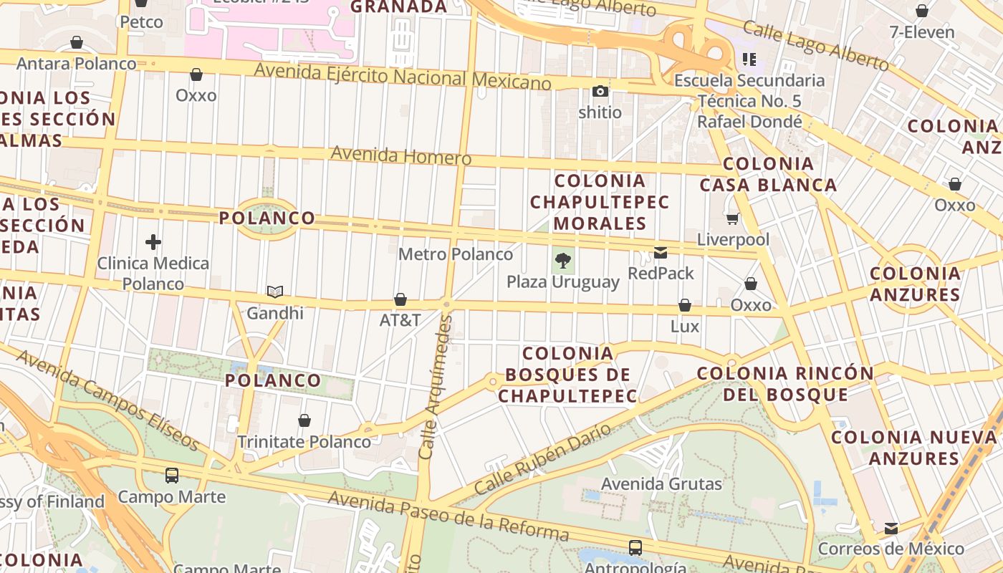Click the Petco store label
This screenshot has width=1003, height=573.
pos(141,22)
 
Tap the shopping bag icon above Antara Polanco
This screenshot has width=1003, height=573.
pos(76,43)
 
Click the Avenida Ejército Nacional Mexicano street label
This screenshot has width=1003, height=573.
pos(403,77)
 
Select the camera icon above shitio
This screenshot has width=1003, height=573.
pos(600,91)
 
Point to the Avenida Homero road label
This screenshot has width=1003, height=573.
pos(401,155)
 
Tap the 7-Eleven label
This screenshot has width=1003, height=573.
pos(921,32)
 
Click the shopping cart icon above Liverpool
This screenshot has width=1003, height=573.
pos(732,218)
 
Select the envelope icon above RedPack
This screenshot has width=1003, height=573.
pos(661,253)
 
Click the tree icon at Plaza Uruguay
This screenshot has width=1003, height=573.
pos(563,261)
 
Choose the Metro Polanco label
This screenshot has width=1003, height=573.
pos(456,254)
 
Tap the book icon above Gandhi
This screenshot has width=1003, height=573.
pos(275,292)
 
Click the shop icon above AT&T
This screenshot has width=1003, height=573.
pos(400,299)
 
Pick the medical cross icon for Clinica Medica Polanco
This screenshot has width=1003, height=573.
pos(153,242)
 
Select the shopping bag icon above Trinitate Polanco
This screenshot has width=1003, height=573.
pos(304,420)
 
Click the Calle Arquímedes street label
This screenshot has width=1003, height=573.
pos(436,387)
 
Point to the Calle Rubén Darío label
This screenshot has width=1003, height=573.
pos(543,459)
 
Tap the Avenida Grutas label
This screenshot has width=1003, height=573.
pos(661,484)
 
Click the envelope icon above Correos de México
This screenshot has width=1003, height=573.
pos(891,529)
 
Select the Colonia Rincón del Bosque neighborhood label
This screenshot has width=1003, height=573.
pos(785,384)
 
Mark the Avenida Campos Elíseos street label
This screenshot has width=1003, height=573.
pos(107,400)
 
